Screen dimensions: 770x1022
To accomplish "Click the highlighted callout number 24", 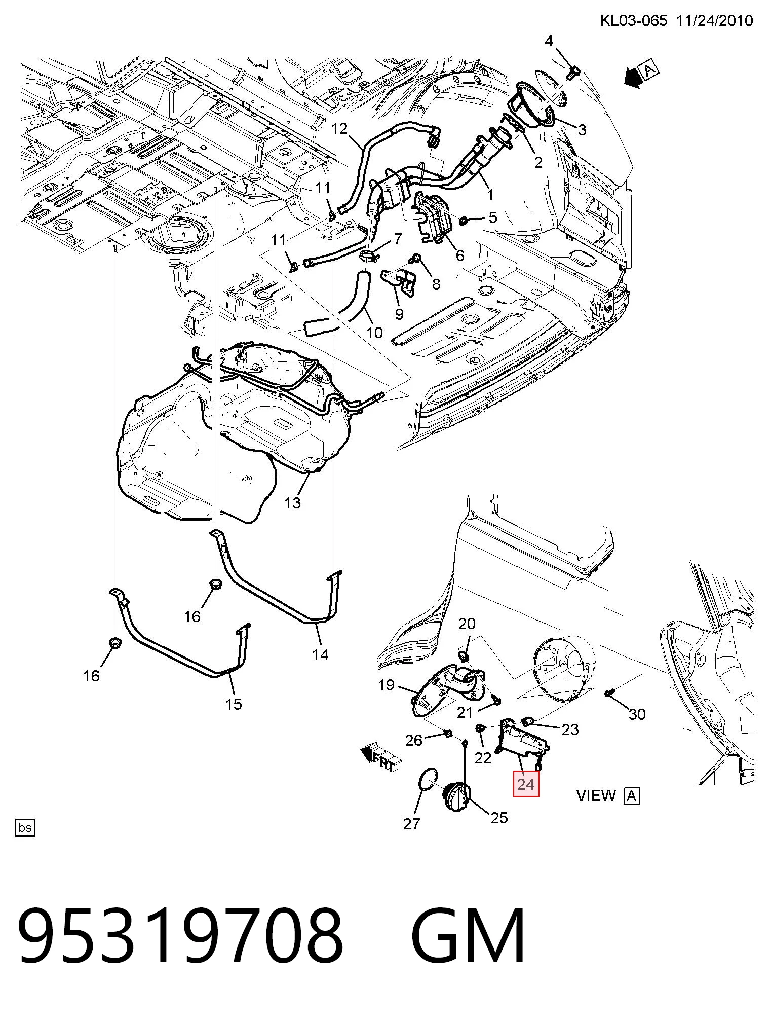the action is [526, 784].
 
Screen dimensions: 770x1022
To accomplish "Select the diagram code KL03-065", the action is [633, 21].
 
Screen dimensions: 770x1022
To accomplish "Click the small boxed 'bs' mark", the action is [25, 828].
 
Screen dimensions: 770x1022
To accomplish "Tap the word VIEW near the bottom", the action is [596, 795].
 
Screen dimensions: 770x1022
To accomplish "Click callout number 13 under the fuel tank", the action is [293, 503].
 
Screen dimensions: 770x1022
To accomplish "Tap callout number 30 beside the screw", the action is [637, 714].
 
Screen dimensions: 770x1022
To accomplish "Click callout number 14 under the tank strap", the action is [320, 654].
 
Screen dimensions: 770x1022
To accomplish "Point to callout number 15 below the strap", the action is [234, 704].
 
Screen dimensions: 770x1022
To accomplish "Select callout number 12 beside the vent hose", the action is [339, 129].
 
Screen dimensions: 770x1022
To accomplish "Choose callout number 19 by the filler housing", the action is [386, 685].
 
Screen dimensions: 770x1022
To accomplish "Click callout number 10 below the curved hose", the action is [374, 333].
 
